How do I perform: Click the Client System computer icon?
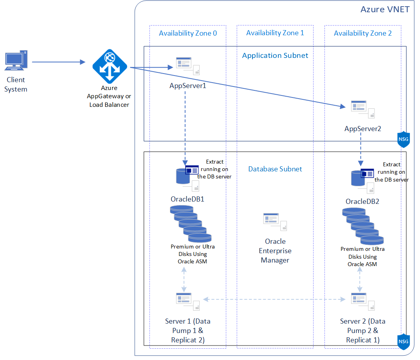tap(16, 60)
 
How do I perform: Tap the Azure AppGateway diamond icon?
tap(110, 66)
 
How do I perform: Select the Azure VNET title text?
tap(385, 9)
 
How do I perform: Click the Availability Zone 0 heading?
tap(188, 33)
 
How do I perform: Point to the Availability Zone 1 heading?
tap(275, 33)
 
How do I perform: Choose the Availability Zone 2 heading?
tap(363, 33)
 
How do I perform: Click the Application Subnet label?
tap(275, 56)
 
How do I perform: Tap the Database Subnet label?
tap(275, 169)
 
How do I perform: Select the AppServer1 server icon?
tap(188, 66)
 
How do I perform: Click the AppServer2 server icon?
tap(363, 109)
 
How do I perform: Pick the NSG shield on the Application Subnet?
tap(404, 139)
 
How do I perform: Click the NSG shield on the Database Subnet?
tap(404, 342)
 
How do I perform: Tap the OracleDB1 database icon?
tap(187, 178)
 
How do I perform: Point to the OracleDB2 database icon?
tap(362, 181)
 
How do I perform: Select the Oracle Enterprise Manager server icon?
tap(275, 222)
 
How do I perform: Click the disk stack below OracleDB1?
tap(191, 224)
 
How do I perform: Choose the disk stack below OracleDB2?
tap(363, 226)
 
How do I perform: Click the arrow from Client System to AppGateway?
tap(58, 62)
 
